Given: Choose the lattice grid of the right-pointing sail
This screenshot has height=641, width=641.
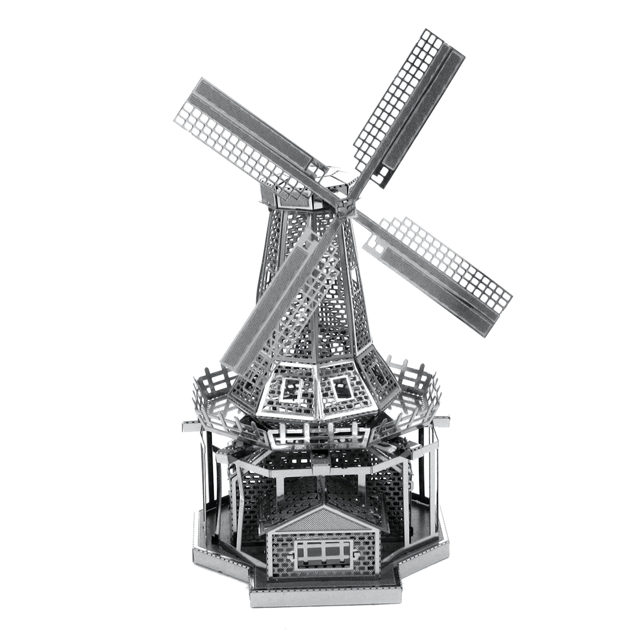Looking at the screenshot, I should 441,260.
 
